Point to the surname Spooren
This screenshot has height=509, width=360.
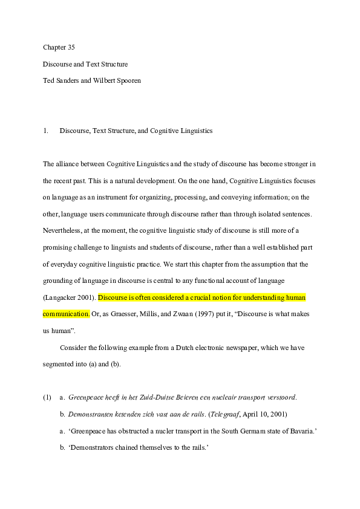tap(128, 80)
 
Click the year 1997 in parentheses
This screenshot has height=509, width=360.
tap(177, 314)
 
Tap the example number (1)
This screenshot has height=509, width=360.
tap(47, 398)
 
